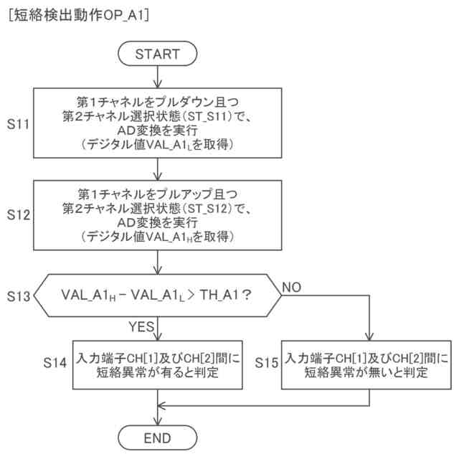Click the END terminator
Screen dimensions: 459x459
pos(157,437)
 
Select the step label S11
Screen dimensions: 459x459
pos(18,124)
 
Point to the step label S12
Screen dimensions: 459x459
pos(18,214)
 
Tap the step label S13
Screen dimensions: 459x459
pos(18,295)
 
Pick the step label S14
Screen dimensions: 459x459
pos(55,364)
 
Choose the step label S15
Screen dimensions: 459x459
pos(267,364)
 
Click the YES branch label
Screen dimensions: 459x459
pos(142,327)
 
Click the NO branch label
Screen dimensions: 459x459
pos(293,286)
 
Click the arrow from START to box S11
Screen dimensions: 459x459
pos(157,75)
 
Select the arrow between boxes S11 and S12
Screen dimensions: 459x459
pos(157,168)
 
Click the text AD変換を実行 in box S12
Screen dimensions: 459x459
pos(157,222)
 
